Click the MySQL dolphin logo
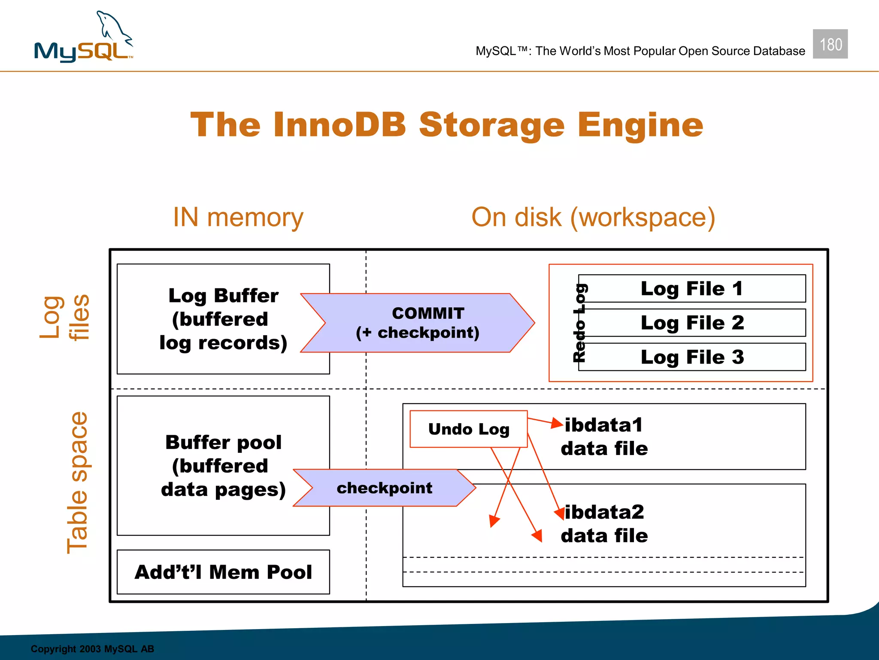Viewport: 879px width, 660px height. pyautogui.click(x=84, y=39)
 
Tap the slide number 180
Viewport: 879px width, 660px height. pyautogui.click(x=830, y=44)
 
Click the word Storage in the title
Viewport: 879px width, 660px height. pyautogui.click(x=491, y=125)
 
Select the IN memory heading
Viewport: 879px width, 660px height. pyautogui.click(x=238, y=217)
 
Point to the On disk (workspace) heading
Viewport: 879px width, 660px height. pyautogui.click(x=593, y=217)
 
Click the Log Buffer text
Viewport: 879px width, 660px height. pyautogui.click(x=223, y=296)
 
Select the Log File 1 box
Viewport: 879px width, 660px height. pyautogui.click(x=692, y=289)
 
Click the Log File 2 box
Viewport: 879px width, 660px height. pyautogui.click(x=692, y=323)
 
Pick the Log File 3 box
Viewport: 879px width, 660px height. pyautogui.click(x=692, y=357)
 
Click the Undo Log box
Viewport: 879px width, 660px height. pyautogui.click(x=469, y=429)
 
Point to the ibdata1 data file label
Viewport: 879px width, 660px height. pyautogui.click(x=604, y=437)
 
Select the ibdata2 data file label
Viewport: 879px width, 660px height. pyautogui.click(x=604, y=524)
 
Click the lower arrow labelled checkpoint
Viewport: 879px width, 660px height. pyautogui.click(x=385, y=488)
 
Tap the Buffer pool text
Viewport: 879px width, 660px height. pyautogui.click(x=223, y=443)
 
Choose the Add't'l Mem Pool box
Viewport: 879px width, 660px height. pyautogui.click(x=223, y=572)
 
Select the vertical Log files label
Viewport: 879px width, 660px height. pyautogui.click(x=64, y=318)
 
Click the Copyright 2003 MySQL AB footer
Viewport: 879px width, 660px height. pyautogui.click(x=92, y=649)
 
